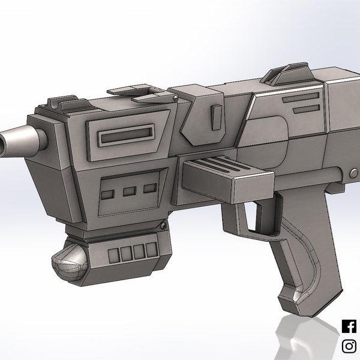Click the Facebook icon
point(349,326)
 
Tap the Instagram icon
point(349,346)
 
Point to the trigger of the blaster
point(262,216)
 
